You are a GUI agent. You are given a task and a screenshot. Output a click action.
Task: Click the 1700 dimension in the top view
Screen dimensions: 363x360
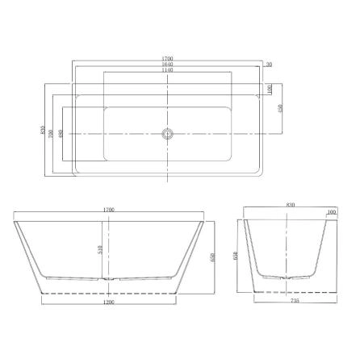[x=168, y=58]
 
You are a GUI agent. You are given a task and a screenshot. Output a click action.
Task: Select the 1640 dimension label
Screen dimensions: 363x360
[x=168, y=65]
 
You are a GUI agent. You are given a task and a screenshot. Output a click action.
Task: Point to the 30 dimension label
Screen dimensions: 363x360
[x=268, y=65]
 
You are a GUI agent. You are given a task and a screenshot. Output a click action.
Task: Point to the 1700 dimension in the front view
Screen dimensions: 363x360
[x=110, y=210]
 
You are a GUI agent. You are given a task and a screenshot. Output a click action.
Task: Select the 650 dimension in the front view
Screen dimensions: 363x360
[x=211, y=257]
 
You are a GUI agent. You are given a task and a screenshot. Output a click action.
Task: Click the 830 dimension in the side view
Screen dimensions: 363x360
[x=290, y=206]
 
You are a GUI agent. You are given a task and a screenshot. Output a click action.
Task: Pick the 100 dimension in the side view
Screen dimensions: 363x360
[x=331, y=212]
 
